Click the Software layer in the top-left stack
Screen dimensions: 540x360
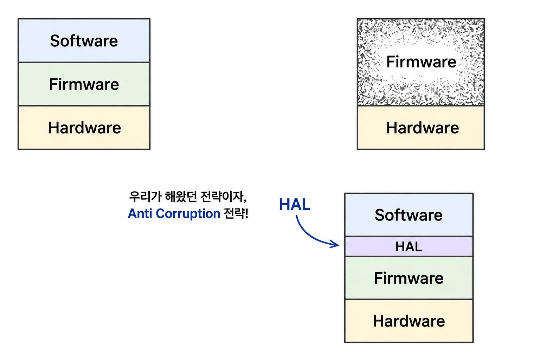(x=84, y=40)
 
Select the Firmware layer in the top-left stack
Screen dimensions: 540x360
(x=84, y=84)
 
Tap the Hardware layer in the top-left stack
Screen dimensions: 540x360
(x=84, y=128)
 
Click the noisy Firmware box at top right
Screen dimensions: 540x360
(x=421, y=62)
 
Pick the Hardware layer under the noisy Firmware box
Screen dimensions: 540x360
(x=421, y=128)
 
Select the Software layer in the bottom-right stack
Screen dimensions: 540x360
(x=409, y=214)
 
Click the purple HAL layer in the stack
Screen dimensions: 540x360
(x=409, y=246)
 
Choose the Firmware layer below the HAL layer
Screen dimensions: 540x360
(x=409, y=278)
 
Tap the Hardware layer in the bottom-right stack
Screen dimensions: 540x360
(x=409, y=321)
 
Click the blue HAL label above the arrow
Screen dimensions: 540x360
(x=295, y=205)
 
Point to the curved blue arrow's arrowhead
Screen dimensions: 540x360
(x=336, y=244)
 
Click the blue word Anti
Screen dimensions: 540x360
(x=140, y=213)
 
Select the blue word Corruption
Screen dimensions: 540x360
(x=188, y=214)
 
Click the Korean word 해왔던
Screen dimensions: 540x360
(x=181, y=197)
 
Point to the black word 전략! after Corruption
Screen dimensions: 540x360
(x=236, y=213)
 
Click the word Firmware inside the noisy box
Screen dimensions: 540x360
(x=421, y=62)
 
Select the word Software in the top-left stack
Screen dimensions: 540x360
(x=84, y=41)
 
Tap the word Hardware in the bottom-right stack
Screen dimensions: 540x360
(x=409, y=321)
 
